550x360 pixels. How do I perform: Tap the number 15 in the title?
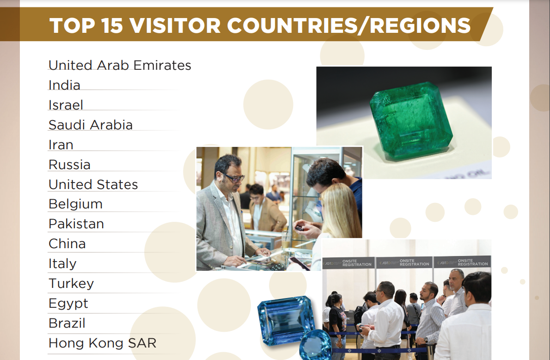point(112,25)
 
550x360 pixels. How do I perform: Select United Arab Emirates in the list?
point(120,65)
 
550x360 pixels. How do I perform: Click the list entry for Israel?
point(66,105)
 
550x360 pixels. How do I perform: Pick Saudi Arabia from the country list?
point(91,125)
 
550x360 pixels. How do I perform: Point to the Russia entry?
point(69,165)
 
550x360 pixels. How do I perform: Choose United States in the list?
point(93,184)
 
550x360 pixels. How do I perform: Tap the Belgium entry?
point(75,204)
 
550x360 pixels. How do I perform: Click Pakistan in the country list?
point(76,224)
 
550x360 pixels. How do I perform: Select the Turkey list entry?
point(71,283)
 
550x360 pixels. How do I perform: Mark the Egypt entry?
point(68,304)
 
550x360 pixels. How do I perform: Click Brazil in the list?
point(67,323)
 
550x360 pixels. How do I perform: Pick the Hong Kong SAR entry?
point(103,343)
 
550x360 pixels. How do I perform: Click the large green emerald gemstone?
point(411,121)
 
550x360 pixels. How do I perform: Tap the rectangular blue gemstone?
point(286,320)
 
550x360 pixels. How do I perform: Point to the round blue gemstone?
point(315,346)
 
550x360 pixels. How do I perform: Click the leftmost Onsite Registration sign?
point(348,263)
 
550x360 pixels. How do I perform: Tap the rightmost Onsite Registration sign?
point(463,262)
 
